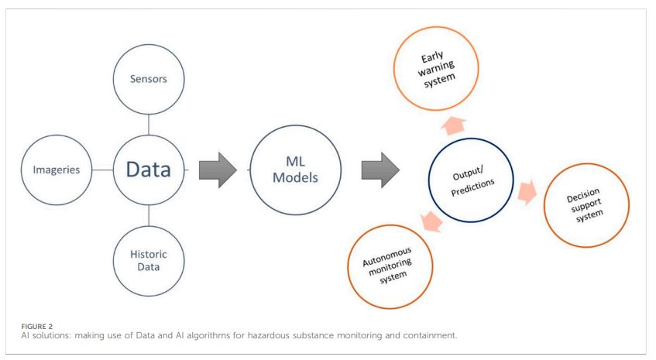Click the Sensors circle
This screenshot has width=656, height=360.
(x=149, y=79)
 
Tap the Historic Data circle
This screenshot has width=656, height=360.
(x=149, y=260)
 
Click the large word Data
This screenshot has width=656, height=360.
(x=149, y=170)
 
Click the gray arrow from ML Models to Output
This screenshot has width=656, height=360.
(x=380, y=170)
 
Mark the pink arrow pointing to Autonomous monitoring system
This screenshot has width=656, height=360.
(x=430, y=222)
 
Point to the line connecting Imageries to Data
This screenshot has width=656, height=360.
(x=102, y=170)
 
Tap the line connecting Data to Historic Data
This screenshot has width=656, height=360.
(x=149, y=217)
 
